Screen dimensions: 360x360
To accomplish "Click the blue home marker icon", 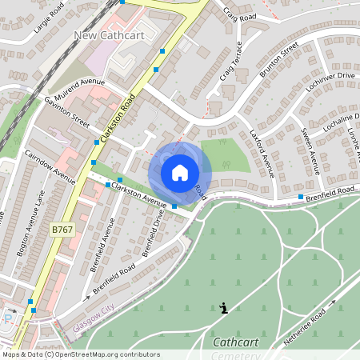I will (180, 172).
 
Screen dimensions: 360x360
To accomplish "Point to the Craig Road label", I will (239, 14).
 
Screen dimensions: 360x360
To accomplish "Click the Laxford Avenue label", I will (262, 152).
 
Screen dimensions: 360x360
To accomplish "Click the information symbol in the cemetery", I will (223, 307).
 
